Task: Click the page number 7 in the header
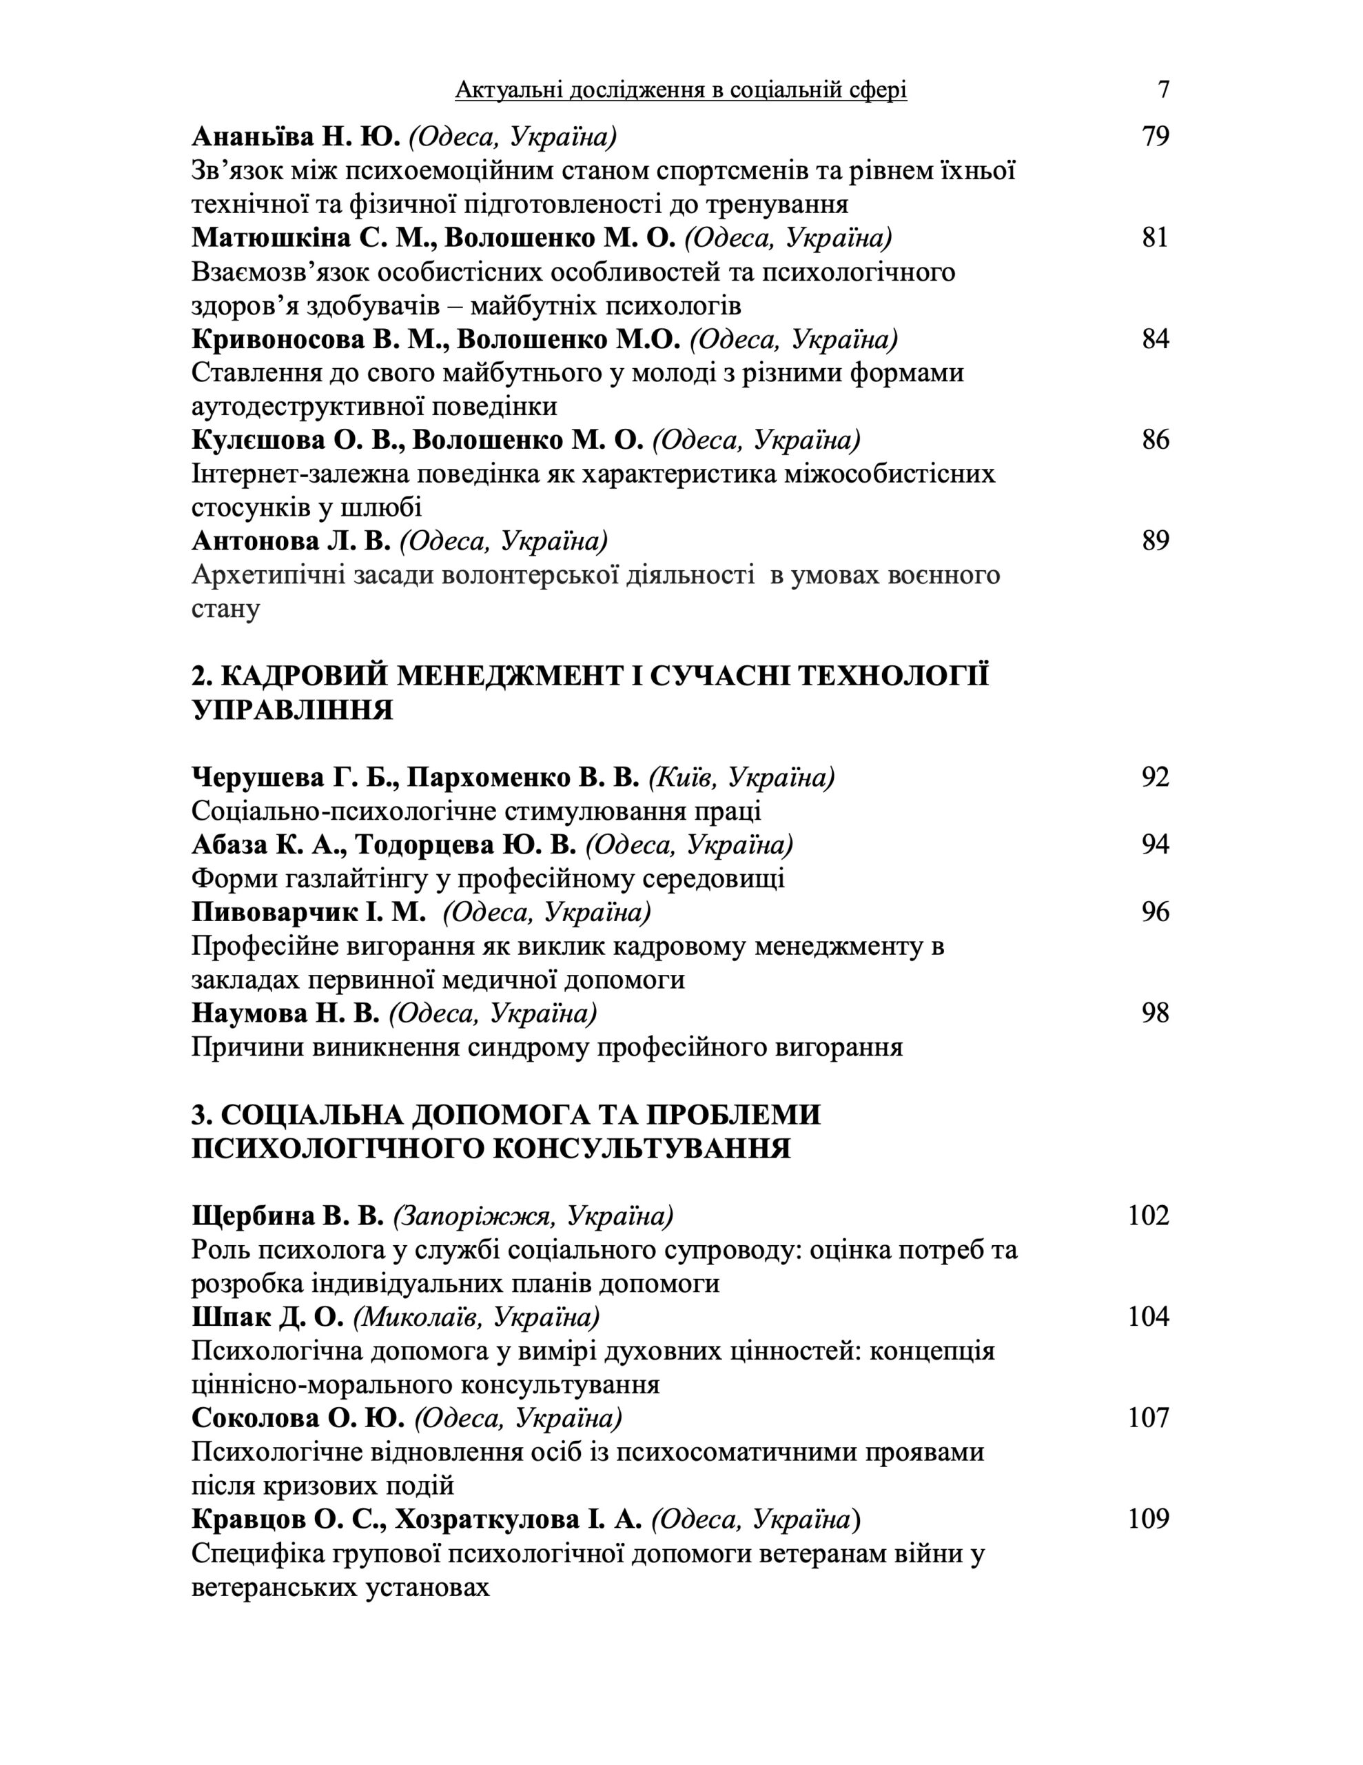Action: point(1162,89)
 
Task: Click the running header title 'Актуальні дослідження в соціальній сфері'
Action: point(680,90)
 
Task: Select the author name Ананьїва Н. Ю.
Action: point(296,137)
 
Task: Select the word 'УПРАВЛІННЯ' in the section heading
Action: point(291,709)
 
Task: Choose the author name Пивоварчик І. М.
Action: point(309,912)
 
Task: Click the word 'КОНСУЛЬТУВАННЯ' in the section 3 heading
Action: point(641,1149)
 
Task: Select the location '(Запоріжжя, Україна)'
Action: point(533,1216)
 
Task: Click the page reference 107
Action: point(1148,1418)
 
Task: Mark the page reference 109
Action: point(1148,1520)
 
